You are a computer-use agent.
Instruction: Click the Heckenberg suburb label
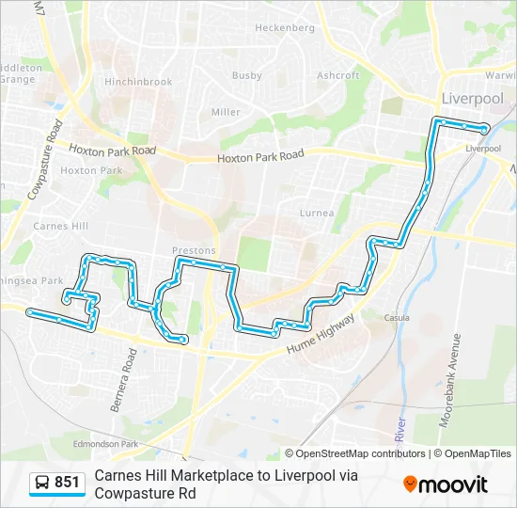pyautogui.click(x=285, y=28)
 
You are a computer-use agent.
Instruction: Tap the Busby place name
pyautogui.click(x=247, y=75)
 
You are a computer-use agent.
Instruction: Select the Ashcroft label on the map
pyautogui.click(x=338, y=75)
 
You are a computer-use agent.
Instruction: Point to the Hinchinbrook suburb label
pyautogui.click(x=139, y=82)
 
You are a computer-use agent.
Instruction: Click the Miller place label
pyautogui.click(x=226, y=112)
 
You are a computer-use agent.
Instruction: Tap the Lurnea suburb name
pyautogui.click(x=317, y=213)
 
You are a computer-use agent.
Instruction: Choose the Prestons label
pyautogui.click(x=195, y=251)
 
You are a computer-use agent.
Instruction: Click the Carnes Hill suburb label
pyautogui.click(x=60, y=226)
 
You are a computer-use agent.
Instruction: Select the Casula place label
pyautogui.click(x=397, y=318)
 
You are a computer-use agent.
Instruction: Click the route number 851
pyautogui.click(x=68, y=483)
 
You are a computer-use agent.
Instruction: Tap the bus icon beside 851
pyautogui.click(x=43, y=483)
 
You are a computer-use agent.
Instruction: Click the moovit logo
pyautogui.click(x=446, y=484)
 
